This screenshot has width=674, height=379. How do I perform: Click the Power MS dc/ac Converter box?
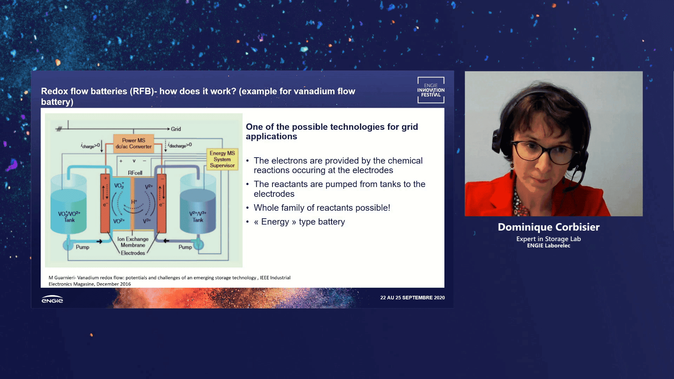click(133, 144)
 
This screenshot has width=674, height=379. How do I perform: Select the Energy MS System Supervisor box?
click(222, 159)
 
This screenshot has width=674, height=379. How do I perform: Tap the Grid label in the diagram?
click(176, 129)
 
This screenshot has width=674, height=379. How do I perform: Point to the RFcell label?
click(135, 173)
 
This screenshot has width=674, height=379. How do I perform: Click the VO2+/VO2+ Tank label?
click(69, 217)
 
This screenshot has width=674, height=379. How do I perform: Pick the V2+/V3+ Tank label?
click(198, 217)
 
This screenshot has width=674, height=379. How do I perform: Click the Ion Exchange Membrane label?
click(133, 242)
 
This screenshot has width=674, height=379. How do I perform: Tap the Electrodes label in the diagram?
click(133, 253)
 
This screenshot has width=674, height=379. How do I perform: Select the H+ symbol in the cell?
click(134, 202)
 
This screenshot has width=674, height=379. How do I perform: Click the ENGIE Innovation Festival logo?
click(431, 90)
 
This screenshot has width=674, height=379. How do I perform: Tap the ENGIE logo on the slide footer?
click(52, 299)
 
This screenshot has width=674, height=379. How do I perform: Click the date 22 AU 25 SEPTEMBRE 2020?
click(412, 298)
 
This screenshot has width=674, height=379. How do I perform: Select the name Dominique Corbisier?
click(549, 227)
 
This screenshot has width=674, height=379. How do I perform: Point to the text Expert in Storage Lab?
click(548, 239)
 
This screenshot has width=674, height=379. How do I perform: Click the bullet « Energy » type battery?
click(299, 222)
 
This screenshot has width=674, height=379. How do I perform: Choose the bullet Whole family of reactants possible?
click(322, 208)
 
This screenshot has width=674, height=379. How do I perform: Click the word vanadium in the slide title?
click(314, 91)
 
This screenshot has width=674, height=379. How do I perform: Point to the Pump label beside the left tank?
click(82, 247)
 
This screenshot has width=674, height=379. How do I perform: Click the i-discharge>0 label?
click(180, 145)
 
